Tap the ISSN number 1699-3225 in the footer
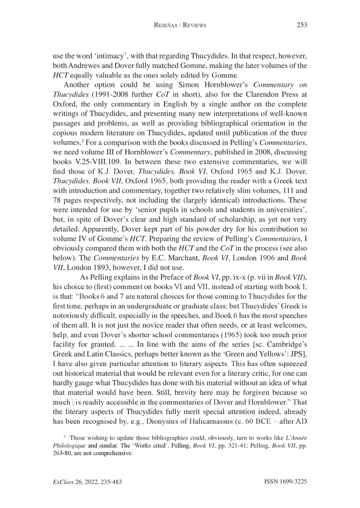[290, 482]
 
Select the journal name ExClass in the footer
[63, 482]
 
